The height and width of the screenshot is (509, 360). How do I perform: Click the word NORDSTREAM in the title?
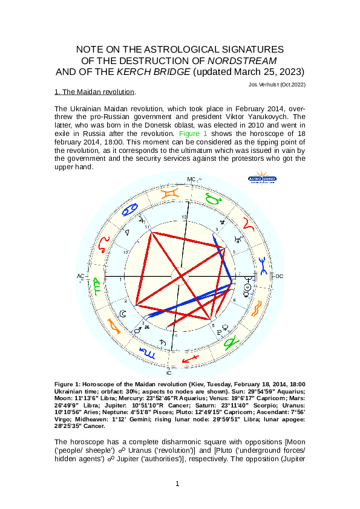[243, 60]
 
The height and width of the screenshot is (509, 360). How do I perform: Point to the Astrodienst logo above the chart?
[261, 180]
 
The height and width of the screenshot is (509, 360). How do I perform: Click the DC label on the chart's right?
[280, 276]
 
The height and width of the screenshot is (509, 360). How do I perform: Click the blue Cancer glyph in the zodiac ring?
[130, 210]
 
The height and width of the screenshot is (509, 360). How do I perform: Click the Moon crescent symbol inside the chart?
[123, 313]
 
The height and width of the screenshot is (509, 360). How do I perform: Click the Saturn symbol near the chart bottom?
[163, 344]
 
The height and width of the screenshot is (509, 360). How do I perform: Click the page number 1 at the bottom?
[177, 484]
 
